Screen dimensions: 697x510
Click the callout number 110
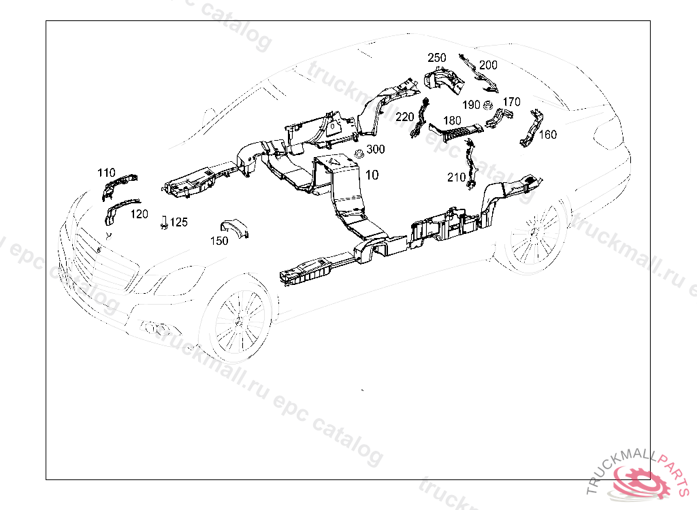coord(106,173)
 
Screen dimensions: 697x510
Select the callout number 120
coord(139,214)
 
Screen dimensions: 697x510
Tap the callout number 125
coord(178,222)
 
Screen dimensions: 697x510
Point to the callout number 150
coord(219,241)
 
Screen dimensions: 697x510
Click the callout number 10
coord(372,175)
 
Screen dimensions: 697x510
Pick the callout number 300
coord(376,149)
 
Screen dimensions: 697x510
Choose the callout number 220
coord(405,117)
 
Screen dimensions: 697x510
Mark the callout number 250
coord(437,58)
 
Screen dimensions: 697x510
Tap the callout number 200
coord(488,65)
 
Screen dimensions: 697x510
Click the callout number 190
coord(471,105)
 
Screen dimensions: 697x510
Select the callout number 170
coord(511,102)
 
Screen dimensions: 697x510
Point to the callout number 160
coord(548,135)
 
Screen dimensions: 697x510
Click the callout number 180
coord(453,121)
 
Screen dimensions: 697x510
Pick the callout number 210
coord(457,177)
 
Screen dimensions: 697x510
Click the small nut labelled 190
coord(487,105)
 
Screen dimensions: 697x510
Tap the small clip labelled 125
coord(164,223)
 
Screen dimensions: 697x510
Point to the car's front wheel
coord(238,322)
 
